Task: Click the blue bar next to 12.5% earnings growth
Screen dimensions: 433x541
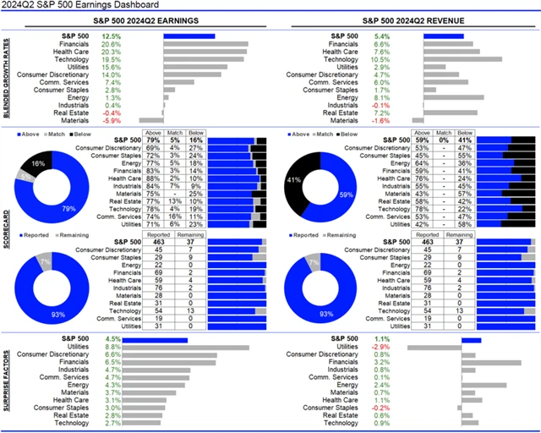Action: point(189,36)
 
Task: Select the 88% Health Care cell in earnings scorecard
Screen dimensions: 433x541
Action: point(154,178)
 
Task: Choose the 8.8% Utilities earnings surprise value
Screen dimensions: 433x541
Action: point(111,347)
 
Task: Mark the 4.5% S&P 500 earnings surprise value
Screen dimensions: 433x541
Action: point(111,338)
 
